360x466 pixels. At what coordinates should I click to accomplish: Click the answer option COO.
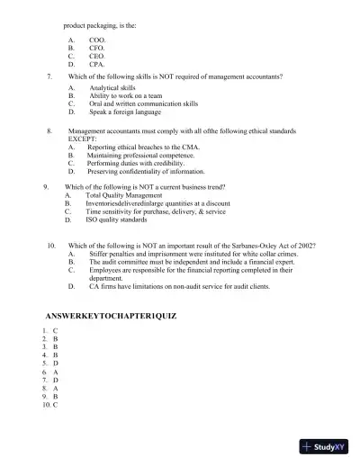96,40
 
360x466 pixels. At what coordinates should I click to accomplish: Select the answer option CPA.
96,65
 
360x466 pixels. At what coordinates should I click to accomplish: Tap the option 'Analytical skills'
112,88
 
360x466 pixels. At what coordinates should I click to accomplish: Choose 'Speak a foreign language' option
125,112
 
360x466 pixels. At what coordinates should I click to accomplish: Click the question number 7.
49,76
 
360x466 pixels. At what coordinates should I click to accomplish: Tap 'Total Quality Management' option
123,194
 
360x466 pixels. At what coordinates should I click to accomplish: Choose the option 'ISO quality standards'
116,219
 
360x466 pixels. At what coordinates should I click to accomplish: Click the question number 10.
51,245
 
